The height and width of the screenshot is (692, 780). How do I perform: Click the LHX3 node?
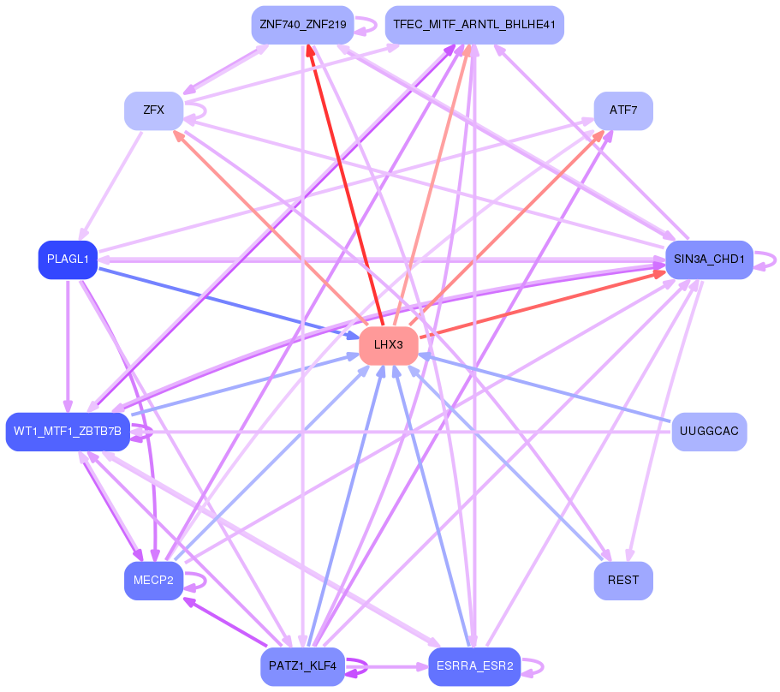coord(389,345)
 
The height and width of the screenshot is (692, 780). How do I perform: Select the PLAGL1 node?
coord(68,259)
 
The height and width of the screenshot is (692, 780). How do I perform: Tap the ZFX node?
coord(154,110)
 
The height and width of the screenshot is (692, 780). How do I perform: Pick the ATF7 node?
coord(623,110)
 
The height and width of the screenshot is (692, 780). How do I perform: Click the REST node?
coord(623,581)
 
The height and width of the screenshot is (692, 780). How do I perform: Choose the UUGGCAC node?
coord(709,432)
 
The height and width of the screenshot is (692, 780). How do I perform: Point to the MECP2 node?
coord(154,581)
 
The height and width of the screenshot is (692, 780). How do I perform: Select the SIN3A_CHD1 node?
coord(709,259)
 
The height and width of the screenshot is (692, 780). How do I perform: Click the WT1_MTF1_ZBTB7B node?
coord(68,432)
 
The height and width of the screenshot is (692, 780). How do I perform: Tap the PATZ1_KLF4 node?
coord(302,666)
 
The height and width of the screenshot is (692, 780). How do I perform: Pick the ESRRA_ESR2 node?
coord(474,666)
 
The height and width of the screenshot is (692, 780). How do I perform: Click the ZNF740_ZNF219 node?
coord(302,25)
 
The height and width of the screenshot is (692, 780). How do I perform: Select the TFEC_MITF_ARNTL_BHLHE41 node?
coord(474,25)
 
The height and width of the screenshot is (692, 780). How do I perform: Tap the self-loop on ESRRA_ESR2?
coord(533,667)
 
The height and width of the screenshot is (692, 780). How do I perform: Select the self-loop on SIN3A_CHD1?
coord(765,260)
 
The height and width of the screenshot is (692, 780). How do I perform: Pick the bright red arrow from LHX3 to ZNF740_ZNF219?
coord(345,185)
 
